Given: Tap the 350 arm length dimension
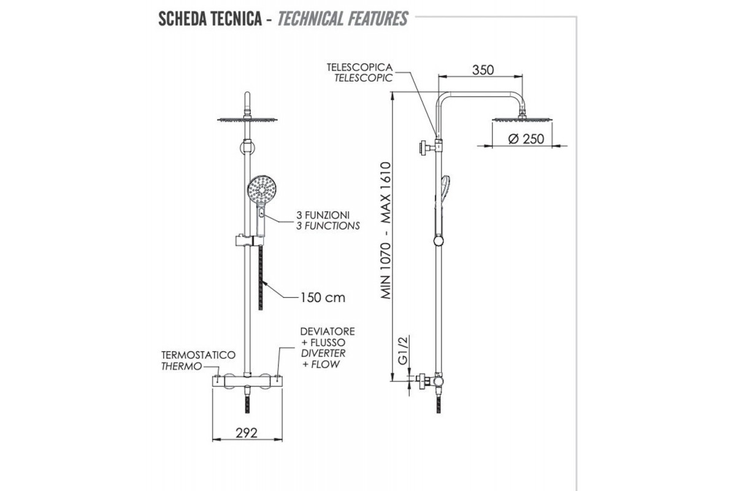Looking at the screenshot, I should tap(483, 69).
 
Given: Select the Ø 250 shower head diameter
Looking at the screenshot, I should tap(526, 139).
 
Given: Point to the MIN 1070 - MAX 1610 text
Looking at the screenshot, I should tap(386, 230).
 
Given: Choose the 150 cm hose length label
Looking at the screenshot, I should tap(323, 298).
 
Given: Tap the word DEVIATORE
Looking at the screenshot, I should tap(328, 331).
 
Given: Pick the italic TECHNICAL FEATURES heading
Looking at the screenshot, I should tap(342, 18).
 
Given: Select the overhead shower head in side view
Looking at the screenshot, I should tap(523, 120).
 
